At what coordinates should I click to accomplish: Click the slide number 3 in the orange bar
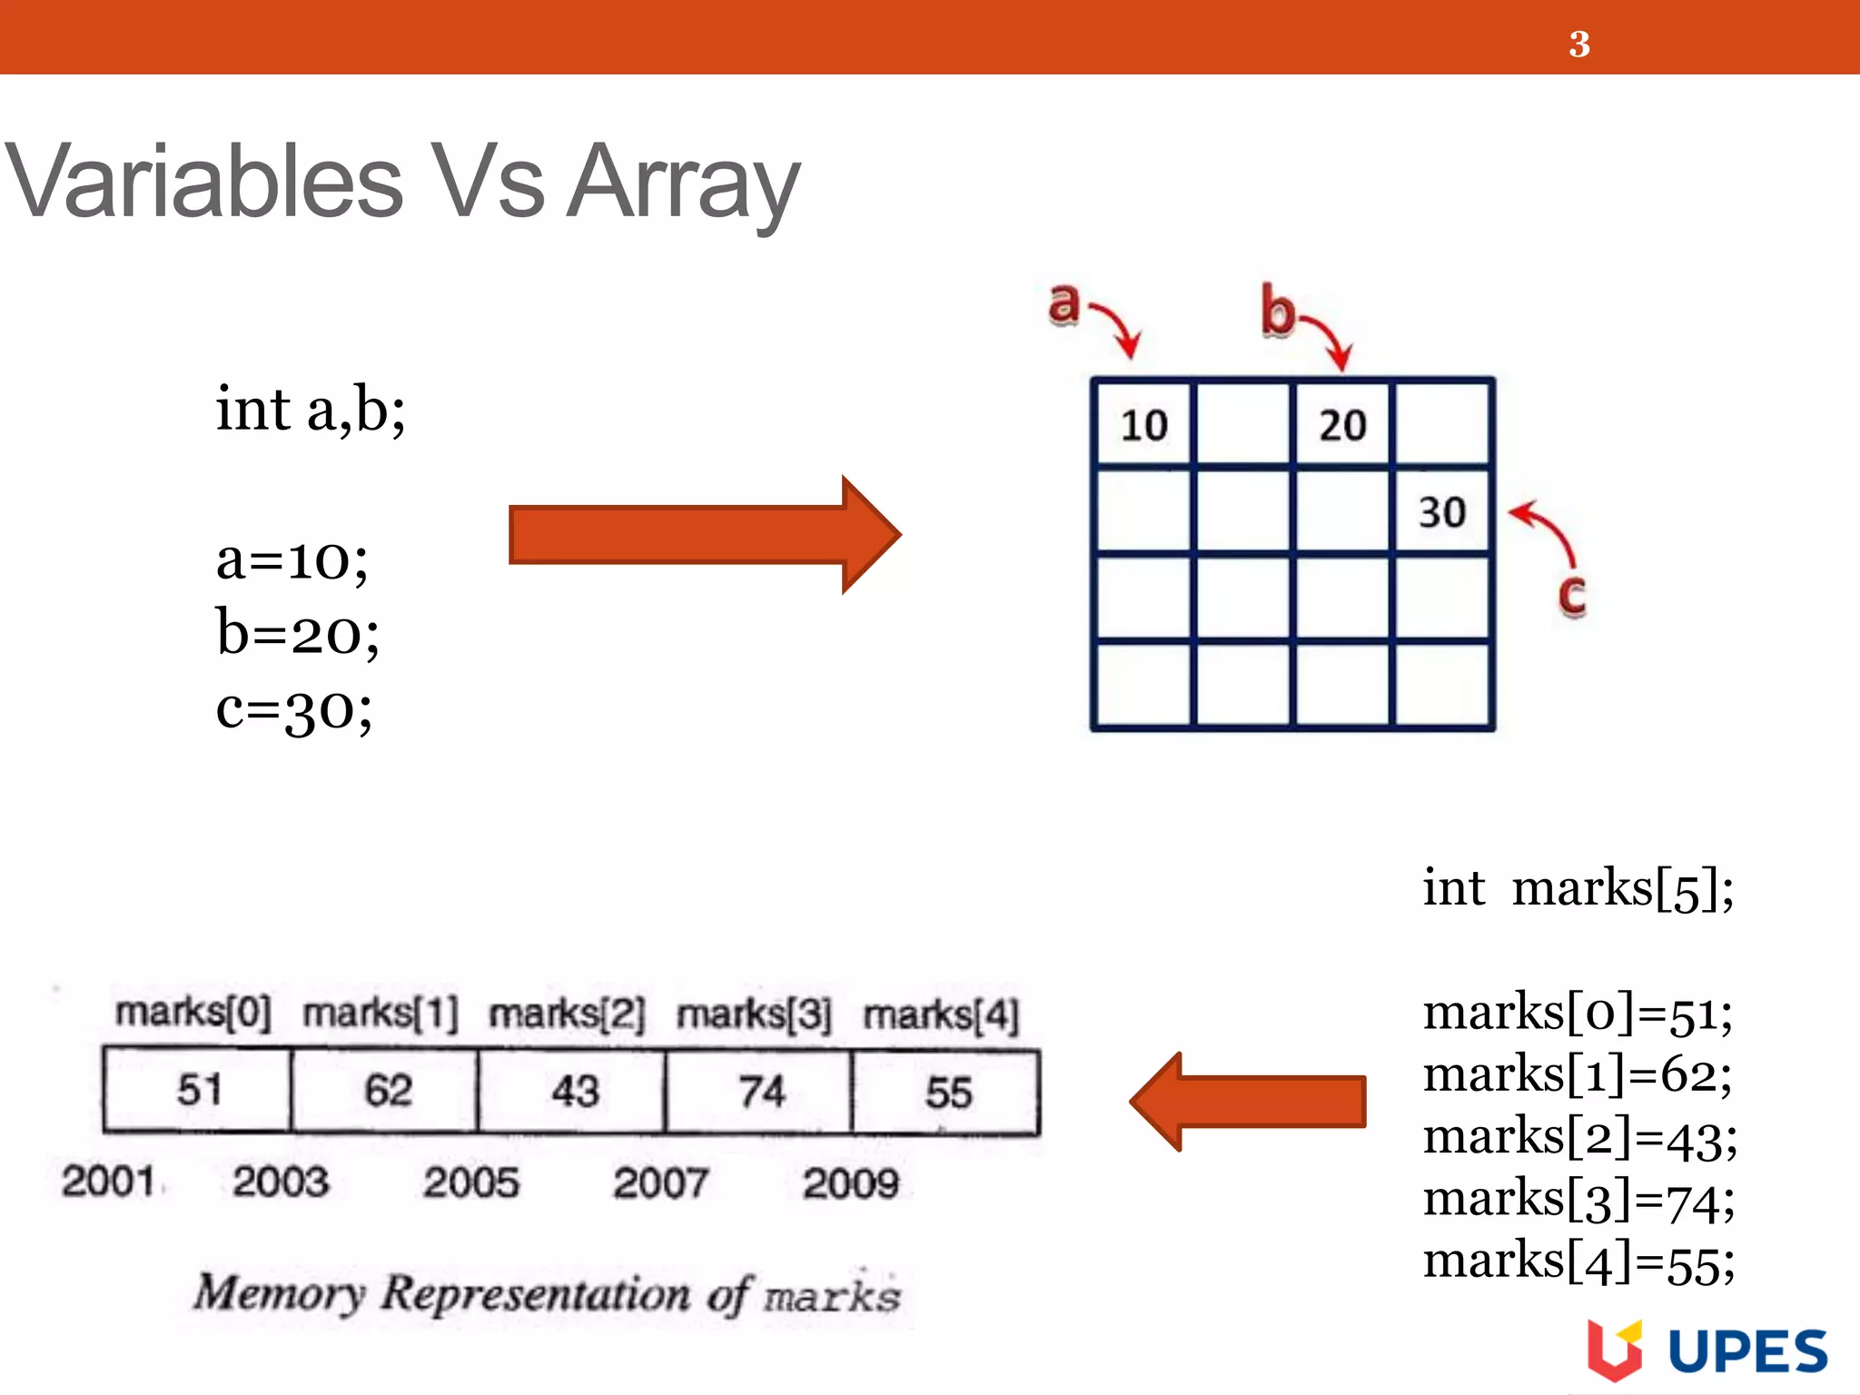point(1578,44)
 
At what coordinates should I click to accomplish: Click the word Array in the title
point(683,183)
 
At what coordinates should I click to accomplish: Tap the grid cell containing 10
point(1143,425)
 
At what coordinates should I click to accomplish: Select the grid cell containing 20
point(1342,425)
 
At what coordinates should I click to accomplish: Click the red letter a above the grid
point(1064,303)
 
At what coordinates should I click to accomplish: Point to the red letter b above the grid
point(1278,312)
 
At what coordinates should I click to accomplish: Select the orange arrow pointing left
point(1248,1102)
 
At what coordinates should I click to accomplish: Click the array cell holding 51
point(198,1090)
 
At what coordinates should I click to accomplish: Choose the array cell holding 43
point(574,1090)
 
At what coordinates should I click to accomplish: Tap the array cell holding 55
point(947,1091)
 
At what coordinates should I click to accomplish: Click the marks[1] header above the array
point(381,1014)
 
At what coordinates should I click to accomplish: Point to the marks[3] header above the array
point(754,1014)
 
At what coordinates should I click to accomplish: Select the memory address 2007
point(660,1182)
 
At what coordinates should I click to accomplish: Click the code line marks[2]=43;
point(1579,1138)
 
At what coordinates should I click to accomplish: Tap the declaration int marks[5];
point(1578,888)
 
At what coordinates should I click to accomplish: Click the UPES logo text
point(1747,1352)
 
